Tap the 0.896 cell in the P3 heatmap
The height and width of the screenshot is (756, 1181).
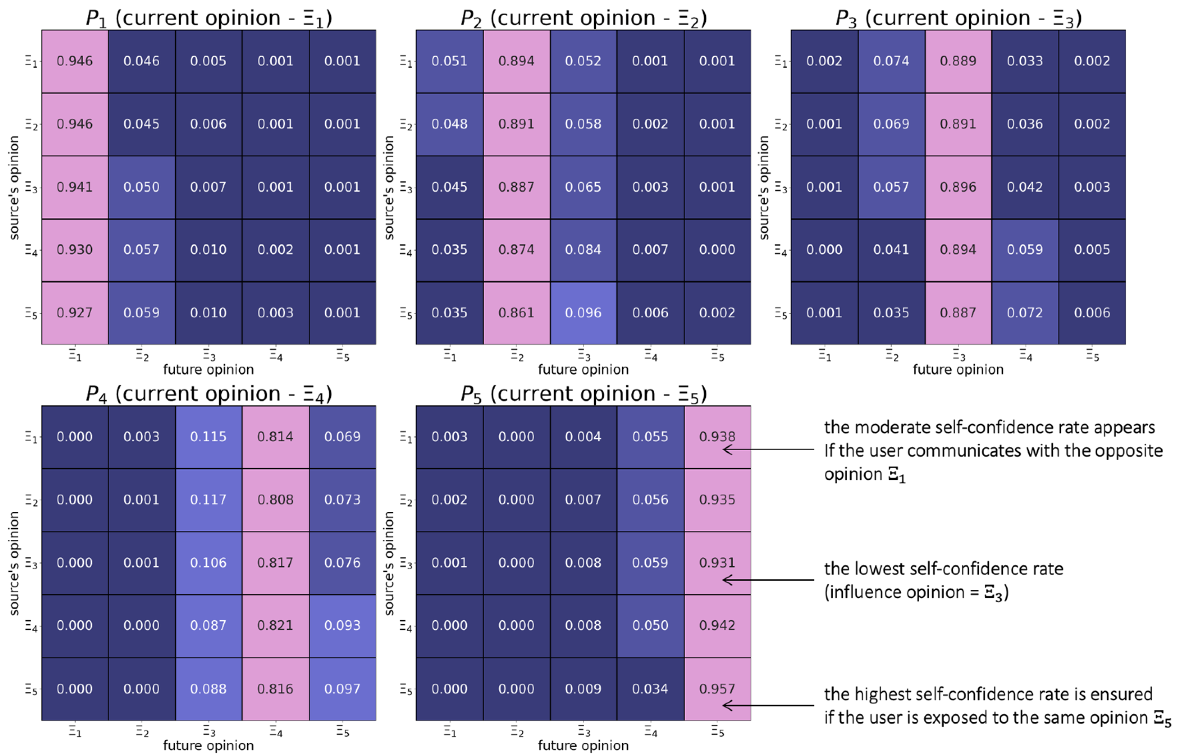[x=958, y=186]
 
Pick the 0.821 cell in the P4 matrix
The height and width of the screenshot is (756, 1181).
[x=275, y=625]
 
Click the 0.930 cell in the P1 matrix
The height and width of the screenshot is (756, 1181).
[x=75, y=249]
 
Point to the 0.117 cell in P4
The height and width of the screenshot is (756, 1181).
[x=208, y=499]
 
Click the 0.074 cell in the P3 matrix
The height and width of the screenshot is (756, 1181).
[x=891, y=61]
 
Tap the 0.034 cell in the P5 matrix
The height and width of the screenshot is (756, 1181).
[x=650, y=688]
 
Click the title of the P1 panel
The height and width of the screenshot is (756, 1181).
[x=209, y=18]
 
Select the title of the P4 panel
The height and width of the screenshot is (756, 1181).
[x=209, y=394]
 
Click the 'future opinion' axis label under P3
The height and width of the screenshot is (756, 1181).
[x=958, y=370]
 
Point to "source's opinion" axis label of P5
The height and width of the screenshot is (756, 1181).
[x=389, y=563]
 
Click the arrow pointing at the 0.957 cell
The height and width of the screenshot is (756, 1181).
[x=768, y=705]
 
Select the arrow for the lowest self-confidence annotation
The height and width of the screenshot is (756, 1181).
[x=768, y=580]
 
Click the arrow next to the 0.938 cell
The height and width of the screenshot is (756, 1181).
[x=768, y=449]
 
